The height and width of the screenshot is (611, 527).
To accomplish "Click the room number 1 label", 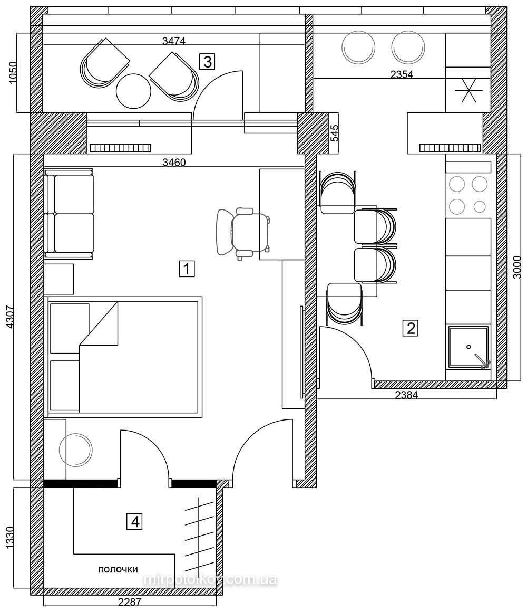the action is click(x=187, y=269).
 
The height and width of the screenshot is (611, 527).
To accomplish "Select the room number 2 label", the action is click(x=411, y=328).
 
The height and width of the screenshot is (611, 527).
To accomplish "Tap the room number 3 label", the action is click(x=207, y=62).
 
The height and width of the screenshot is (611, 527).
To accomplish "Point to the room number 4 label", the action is click(x=135, y=521).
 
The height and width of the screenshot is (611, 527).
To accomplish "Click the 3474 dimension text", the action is click(x=173, y=41).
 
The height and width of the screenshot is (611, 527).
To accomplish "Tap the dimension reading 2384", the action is click(x=406, y=395).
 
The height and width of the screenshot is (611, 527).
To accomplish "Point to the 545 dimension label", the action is click(x=334, y=133).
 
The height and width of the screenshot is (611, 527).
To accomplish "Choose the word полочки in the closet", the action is click(x=118, y=569).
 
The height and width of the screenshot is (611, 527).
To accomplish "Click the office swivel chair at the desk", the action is click(x=243, y=233).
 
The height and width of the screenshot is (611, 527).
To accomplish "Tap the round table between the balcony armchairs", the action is click(x=133, y=91).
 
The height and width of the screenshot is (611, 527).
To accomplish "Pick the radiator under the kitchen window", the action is click(x=450, y=148).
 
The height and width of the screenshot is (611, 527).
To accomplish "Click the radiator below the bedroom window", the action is click(x=120, y=148).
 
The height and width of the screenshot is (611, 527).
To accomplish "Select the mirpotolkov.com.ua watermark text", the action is click(x=210, y=579).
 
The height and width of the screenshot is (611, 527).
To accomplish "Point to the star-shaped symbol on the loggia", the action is click(x=469, y=90).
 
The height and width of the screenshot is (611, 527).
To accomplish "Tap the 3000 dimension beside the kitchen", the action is click(x=516, y=268).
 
